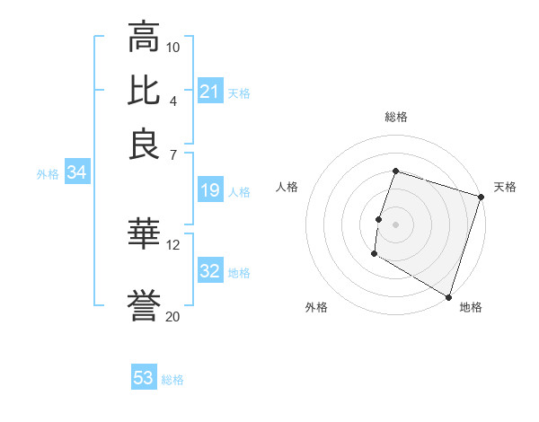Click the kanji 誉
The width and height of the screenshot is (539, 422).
[x=144, y=308]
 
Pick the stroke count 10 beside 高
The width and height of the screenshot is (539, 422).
[x=173, y=47]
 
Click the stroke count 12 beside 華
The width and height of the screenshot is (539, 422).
[x=173, y=244]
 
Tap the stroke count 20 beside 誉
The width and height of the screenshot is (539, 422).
[x=173, y=316]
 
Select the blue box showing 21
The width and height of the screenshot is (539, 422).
[x=210, y=91]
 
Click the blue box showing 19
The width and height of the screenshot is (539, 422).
[x=210, y=190]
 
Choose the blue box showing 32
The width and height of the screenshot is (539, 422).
[x=210, y=270]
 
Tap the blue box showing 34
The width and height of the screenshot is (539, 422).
[x=76, y=173]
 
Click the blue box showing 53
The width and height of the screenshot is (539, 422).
[x=144, y=378]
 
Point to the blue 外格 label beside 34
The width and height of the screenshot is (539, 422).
[x=48, y=174]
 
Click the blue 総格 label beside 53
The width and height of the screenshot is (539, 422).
[x=172, y=380]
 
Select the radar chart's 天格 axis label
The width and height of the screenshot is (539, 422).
[x=505, y=187]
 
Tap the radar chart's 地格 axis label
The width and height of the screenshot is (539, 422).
[x=471, y=307]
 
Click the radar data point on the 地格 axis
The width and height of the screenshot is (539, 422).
[x=447, y=295]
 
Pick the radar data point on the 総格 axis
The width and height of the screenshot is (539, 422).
[x=395, y=171]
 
